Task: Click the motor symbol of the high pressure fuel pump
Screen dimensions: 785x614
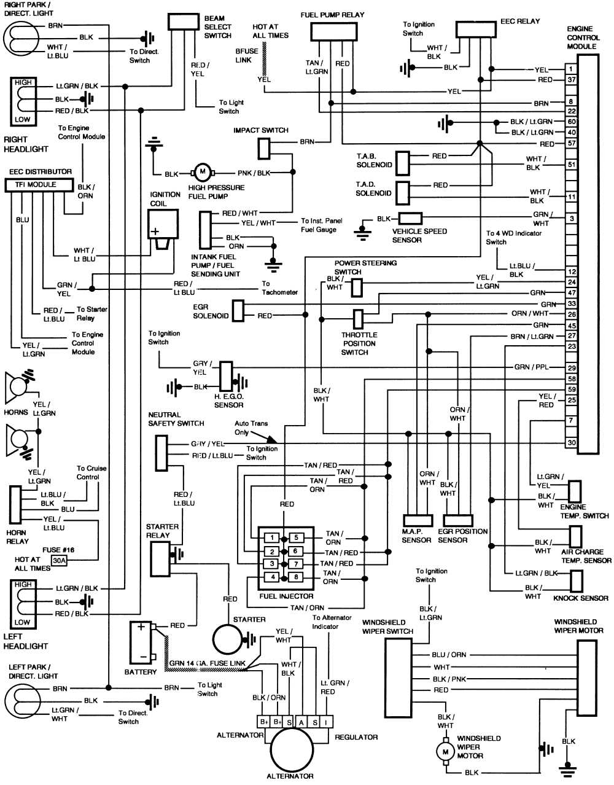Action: [x=201, y=173]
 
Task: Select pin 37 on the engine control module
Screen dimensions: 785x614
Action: [x=571, y=80]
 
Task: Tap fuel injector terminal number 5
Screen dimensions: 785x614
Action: [x=296, y=538]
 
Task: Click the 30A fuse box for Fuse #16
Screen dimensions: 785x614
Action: [x=59, y=560]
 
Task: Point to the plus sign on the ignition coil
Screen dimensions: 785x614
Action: [x=155, y=232]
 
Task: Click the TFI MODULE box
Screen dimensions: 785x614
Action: [x=40, y=184]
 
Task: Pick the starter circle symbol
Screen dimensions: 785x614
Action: [x=228, y=640]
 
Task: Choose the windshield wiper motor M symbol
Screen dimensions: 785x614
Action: [x=443, y=751]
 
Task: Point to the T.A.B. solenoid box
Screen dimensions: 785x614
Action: [x=403, y=162]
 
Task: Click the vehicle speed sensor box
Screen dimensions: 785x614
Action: [x=410, y=218]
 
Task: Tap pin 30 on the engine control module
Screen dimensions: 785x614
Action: [x=571, y=442]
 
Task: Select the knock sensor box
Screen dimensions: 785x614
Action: [x=576, y=580]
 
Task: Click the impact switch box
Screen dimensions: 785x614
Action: [x=263, y=148]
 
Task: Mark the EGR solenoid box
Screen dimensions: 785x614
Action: [x=238, y=310]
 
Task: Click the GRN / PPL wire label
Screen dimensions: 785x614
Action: [x=531, y=367]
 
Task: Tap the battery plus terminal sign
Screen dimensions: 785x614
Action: [x=141, y=627]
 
